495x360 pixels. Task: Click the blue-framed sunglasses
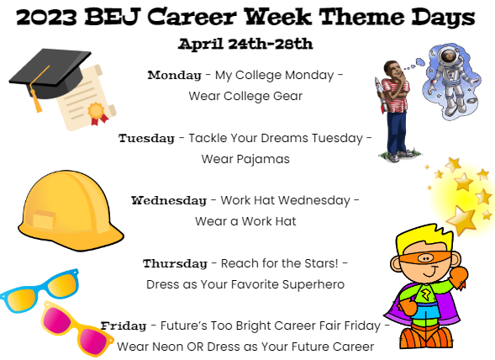pyautogui.click(x=39, y=289)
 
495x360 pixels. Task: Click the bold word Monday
pyautogui.click(x=174, y=75)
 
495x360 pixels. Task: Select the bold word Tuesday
pyautogui.click(x=146, y=137)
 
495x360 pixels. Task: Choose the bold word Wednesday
pyautogui.click(x=168, y=200)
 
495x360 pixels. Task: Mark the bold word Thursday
pyautogui.click(x=175, y=263)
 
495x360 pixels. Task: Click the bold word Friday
pyautogui.click(x=123, y=326)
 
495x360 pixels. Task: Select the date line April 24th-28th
pyautogui.click(x=245, y=43)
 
